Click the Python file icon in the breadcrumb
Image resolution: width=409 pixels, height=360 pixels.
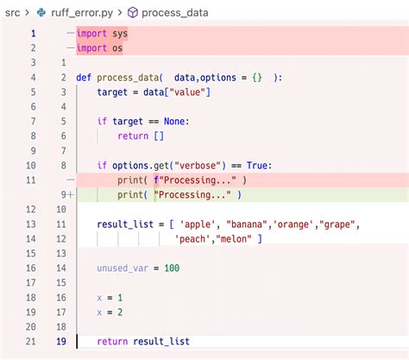coord(41,13)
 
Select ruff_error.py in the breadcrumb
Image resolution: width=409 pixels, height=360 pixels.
coord(82,13)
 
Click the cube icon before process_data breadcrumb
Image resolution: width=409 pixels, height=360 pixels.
coord(133,13)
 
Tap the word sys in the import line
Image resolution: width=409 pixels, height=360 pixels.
coord(120,34)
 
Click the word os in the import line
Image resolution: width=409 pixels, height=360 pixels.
coord(117,48)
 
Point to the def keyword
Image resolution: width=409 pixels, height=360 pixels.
coord(84,78)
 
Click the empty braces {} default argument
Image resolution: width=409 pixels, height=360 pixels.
coord(257,78)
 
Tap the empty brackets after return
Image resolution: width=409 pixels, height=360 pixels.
coord(159,136)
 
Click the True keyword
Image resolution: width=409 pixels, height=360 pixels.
coord(257,166)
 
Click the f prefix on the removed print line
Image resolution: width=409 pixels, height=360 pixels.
coord(156,180)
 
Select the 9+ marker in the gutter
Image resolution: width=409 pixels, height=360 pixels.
coord(67,195)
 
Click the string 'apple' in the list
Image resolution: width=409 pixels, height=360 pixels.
coord(198,224)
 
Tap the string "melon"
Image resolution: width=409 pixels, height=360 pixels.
coord(234,239)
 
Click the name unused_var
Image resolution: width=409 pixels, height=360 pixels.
coord(123,268)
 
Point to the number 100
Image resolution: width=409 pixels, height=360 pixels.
coord(172,268)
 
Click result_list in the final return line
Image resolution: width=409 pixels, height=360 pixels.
coord(161,342)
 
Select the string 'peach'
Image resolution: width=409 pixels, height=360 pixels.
coord(192,239)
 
